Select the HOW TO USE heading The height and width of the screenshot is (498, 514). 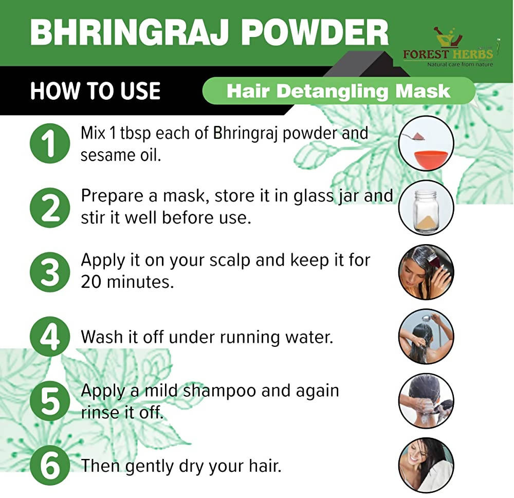click(x=96, y=91)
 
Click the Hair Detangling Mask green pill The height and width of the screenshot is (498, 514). click(x=339, y=91)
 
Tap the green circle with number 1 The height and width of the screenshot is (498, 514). click(x=50, y=143)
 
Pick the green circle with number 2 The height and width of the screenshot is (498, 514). click(x=50, y=209)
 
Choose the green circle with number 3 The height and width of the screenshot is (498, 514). click(x=50, y=272)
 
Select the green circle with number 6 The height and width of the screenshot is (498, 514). click(x=50, y=466)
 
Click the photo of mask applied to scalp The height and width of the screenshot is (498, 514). click(x=426, y=272)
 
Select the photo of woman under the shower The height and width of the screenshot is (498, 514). click(x=426, y=337)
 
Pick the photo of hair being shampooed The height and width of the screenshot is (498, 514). click(x=426, y=401)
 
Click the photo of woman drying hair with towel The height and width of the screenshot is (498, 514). click(x=426, y=466)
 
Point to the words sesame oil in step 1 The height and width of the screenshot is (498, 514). click(x=121, y=155)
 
